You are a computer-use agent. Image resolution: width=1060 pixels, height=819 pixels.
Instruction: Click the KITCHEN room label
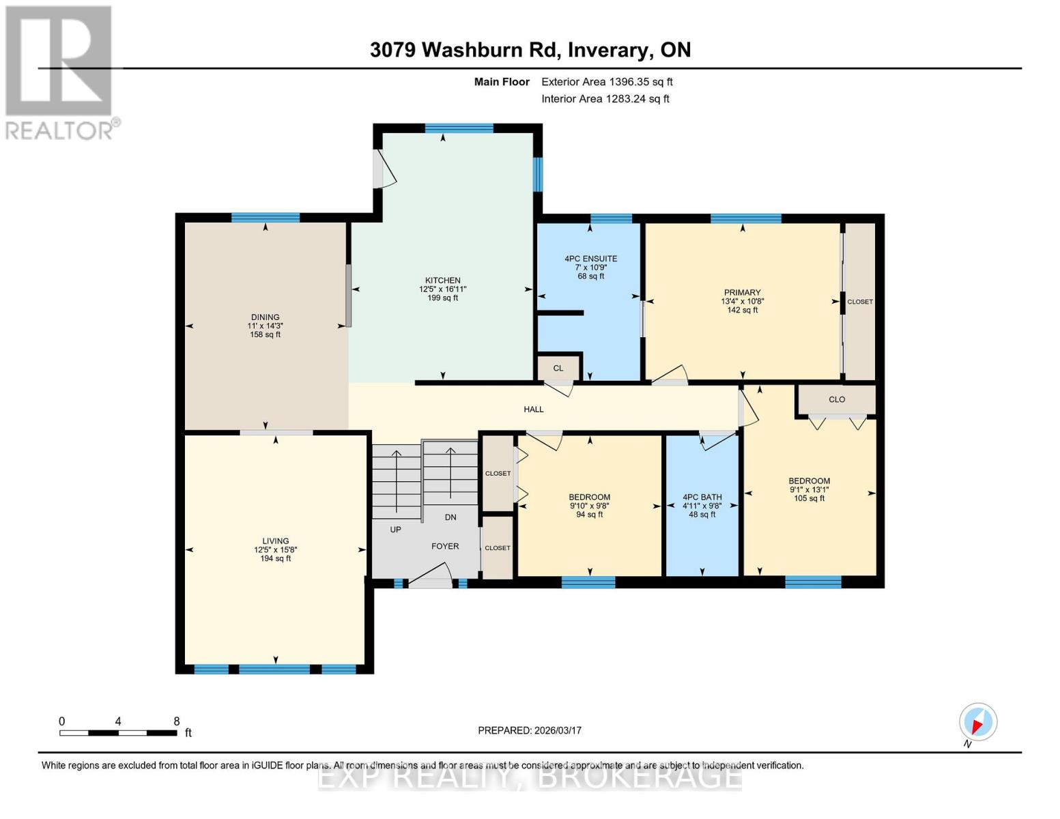[442, 281]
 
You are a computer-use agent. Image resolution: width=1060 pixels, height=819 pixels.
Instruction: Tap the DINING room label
[265, 317]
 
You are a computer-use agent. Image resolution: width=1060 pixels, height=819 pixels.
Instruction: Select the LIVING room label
[275, 541]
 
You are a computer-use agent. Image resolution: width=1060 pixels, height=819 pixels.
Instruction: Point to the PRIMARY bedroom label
[742, 293]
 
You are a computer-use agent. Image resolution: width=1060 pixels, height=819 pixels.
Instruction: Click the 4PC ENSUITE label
[590, 259]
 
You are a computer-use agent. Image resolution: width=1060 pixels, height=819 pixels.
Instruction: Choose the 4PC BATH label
[702, 498]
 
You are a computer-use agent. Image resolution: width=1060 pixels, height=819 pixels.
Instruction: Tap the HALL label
[533, 409]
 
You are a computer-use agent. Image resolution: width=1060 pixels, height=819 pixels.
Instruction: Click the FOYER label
[444, 547]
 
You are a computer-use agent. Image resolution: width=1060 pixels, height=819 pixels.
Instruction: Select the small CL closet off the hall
[558, 369]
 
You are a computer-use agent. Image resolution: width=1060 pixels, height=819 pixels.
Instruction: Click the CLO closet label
[837, 400]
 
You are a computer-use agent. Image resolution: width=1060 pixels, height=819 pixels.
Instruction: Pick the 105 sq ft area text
[809, 499]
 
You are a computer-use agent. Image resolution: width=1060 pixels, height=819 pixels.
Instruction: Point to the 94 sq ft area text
[589, 515]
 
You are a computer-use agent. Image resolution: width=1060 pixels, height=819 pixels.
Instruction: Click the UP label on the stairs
[395, 530]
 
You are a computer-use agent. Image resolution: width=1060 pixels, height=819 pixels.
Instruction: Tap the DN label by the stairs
[450, 517]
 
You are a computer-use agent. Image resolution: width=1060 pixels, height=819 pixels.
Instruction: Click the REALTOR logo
[59, 72]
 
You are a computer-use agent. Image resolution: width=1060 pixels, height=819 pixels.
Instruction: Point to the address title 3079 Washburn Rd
[530, 50]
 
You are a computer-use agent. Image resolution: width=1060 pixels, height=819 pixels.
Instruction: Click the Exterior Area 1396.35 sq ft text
[607, 82]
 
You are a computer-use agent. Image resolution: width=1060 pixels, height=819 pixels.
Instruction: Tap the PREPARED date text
[529, 731]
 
